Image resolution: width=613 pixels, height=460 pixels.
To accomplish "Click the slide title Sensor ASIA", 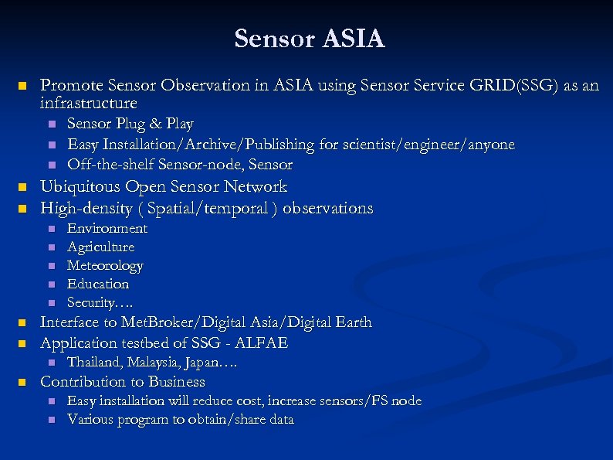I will pyautogui.click(x=309, y=38).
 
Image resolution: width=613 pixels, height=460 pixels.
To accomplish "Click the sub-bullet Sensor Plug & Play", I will pyautogui.click(x=130, y=124).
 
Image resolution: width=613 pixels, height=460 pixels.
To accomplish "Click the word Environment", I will pyautogui.click(x=107, y=229).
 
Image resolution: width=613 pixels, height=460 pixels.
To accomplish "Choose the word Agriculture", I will pyautogui.click(x=100, y=247).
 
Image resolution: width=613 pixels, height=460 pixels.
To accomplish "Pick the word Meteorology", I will pyautogui.click(x=105, y=266).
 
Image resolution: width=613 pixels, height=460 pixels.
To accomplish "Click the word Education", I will pyautogui.click(x=98, y=284).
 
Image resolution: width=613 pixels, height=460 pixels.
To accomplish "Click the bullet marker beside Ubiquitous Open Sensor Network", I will pyautogui.click(x=22, y=187).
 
